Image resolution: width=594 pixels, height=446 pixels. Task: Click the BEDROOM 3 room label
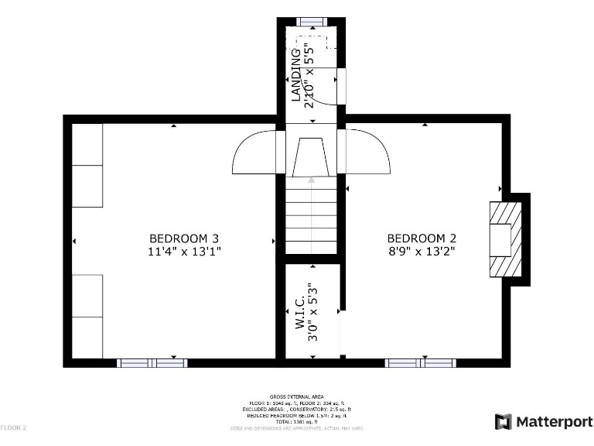pos(179,238)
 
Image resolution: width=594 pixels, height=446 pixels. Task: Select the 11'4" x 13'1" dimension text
pos(179,252)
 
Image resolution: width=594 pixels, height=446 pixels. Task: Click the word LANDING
pos(295,74)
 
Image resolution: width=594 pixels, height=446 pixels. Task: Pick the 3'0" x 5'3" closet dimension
pos(312,312)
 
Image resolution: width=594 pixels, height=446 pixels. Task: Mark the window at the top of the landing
pos(312,21)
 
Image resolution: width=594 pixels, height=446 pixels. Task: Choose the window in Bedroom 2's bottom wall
pos(420,362)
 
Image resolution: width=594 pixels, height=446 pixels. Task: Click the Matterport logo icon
pos(503,422)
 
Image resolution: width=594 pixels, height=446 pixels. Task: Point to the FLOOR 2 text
pos(14,427)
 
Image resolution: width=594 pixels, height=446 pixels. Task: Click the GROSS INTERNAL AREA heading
pos(296,395)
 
